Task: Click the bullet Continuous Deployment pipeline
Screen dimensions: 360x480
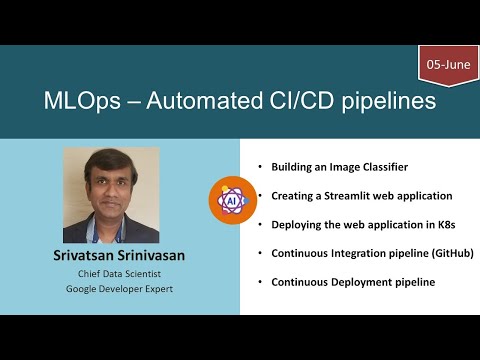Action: pyautogui.click(x=353, y=282)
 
